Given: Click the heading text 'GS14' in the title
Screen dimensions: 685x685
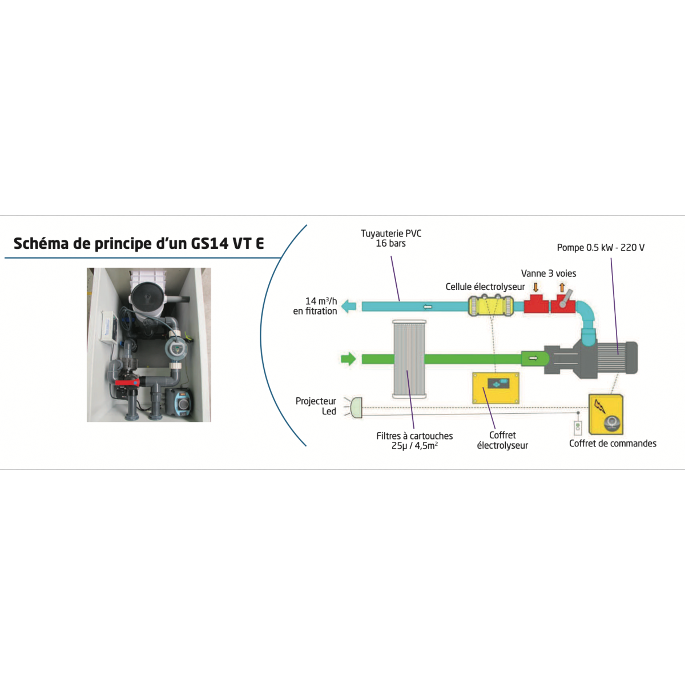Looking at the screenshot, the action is coord(209,244).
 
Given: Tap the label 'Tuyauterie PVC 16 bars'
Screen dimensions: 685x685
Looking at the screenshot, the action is coord(391,239).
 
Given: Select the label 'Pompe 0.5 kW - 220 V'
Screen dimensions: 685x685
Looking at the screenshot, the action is coord(601,248).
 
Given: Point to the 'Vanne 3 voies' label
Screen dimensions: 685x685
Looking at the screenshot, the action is coord(549,273).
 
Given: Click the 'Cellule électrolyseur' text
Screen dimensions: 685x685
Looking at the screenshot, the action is coord(485,287).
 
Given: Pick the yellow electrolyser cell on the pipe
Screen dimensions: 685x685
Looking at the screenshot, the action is coord(491,306).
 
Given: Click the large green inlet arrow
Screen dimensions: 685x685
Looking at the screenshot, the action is coord(348,358).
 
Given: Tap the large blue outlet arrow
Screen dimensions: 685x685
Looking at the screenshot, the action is coord(349,306).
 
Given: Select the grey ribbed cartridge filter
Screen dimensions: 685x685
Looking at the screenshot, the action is coord(409,359).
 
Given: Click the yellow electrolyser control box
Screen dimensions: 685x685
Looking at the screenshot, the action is coord(495,388).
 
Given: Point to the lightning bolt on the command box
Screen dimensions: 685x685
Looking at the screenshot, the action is coord(600,406).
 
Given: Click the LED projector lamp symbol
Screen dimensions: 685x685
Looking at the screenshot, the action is coord(356,408).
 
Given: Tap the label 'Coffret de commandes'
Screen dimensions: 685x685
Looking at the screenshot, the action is coord(613,444).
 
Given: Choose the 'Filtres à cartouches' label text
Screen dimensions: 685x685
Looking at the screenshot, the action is coord(414,436).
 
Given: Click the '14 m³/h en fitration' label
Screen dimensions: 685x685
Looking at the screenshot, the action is coord(315,306).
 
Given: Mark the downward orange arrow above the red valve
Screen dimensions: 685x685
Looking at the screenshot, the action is coord(535,287).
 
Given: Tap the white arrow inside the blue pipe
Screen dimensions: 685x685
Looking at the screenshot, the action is coord(428,307).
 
